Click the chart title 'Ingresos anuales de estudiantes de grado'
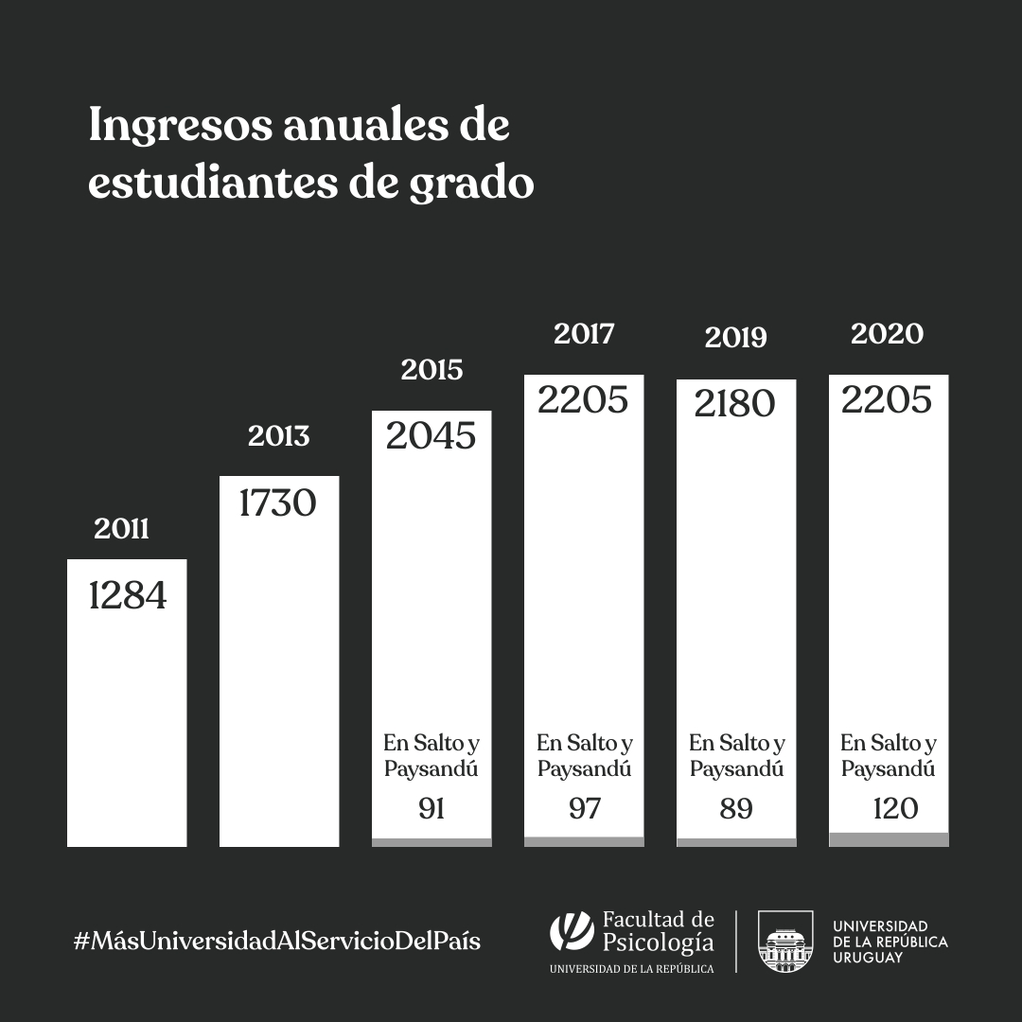tap(311, 153)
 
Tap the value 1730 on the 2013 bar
tap(277, 502)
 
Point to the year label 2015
tap(432, 370)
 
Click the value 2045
tap(431, 435)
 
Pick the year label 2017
tap(584, 334)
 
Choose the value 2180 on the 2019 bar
tap(735, 403)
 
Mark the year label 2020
tap(888, 334)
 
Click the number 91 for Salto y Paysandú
tap(431, 809)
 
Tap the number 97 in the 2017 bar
tap(584, 809)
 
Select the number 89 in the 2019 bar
tap(735, 809)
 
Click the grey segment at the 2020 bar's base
tap(889, 839)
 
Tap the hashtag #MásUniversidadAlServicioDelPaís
tap(276, 942)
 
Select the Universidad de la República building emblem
tap(785, 942)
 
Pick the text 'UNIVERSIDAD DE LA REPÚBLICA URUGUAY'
tap(890, 942)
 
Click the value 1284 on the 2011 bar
tap(127, 596)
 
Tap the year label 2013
tap(278, 436)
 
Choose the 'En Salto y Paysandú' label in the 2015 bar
tap(431, 755)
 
